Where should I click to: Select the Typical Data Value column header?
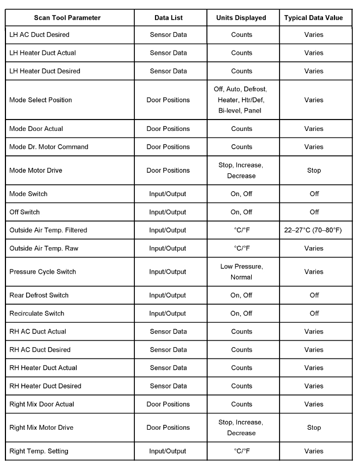click(x=314, y=17)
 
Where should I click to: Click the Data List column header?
click(x=168, y=17)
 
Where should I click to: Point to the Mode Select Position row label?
click(x=41, y=100)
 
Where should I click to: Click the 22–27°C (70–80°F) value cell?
click(x=314, y=230)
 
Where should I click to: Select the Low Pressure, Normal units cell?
click(x=241, y=272)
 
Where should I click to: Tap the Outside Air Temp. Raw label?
click(x=44, y=248)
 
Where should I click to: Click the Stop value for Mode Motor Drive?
click(x=314, y=171)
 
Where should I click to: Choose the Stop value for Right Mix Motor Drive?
click(x=314, y=428)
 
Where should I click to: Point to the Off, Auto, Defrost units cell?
click(x=241, y=100)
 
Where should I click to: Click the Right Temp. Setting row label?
click(x=39, y=451)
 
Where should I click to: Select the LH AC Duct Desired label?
click(x=40, y=35)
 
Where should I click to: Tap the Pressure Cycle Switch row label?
click(x=43, y=272)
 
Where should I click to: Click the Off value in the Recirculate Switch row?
click(x=314, y=313)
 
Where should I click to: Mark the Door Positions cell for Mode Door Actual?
click(x=168, y=129)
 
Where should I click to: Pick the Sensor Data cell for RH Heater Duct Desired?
click(x=168, y=386)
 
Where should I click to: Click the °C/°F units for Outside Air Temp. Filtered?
click(x=241, y=230)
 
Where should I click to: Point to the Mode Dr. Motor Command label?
click(x=49, y=147)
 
